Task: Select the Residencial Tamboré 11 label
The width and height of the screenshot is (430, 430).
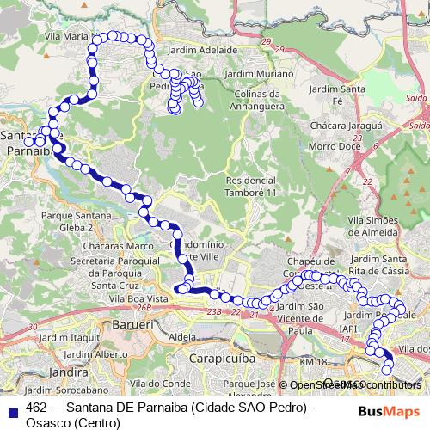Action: (x=251, y=187)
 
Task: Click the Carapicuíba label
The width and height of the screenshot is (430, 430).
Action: (x=201, y=352)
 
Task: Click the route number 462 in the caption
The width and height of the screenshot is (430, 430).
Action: (x=36, y=407)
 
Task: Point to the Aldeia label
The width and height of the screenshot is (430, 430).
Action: (x=182, y=338)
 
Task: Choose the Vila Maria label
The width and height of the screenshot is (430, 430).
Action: (x=68, y=37)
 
